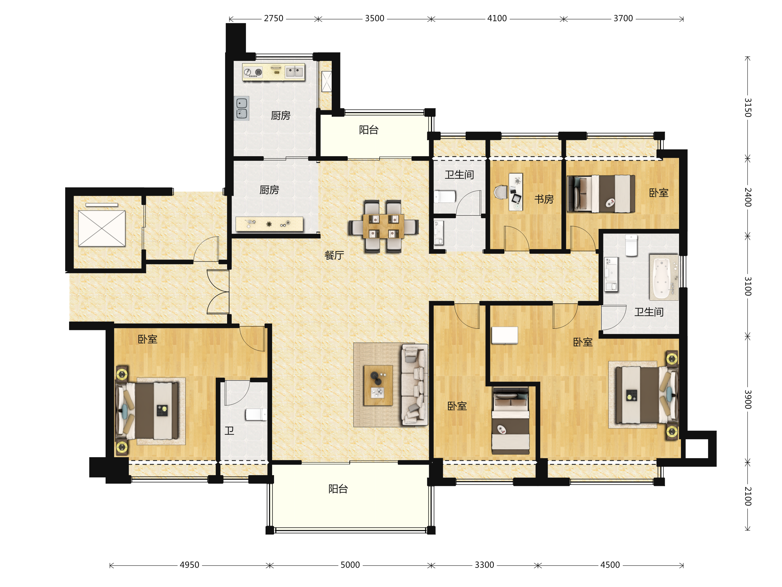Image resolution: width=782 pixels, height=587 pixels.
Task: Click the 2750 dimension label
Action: (x=273, y=18)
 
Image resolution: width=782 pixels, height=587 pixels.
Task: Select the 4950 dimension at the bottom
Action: (x=190, y=565)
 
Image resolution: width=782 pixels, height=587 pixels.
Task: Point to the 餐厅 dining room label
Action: (x=334, y=255)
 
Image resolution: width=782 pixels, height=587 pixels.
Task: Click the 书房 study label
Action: (x=544, y=199)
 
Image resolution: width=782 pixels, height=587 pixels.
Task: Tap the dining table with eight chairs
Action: (x=383, y=226)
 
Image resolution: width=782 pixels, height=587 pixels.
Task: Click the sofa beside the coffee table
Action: (x=414, y=384)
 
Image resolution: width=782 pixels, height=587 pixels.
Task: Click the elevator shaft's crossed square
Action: (x=102, y=229)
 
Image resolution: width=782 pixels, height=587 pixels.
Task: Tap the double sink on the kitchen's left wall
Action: (x=242, y=108)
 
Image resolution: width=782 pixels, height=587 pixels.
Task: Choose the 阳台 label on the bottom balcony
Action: (x=338, y=489)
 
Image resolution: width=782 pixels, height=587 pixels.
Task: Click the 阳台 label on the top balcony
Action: (x=369, y=130)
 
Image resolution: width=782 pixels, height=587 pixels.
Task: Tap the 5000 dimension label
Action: (x=350, y=565)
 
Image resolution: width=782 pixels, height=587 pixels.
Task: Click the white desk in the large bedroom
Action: (x=505, y=335)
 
